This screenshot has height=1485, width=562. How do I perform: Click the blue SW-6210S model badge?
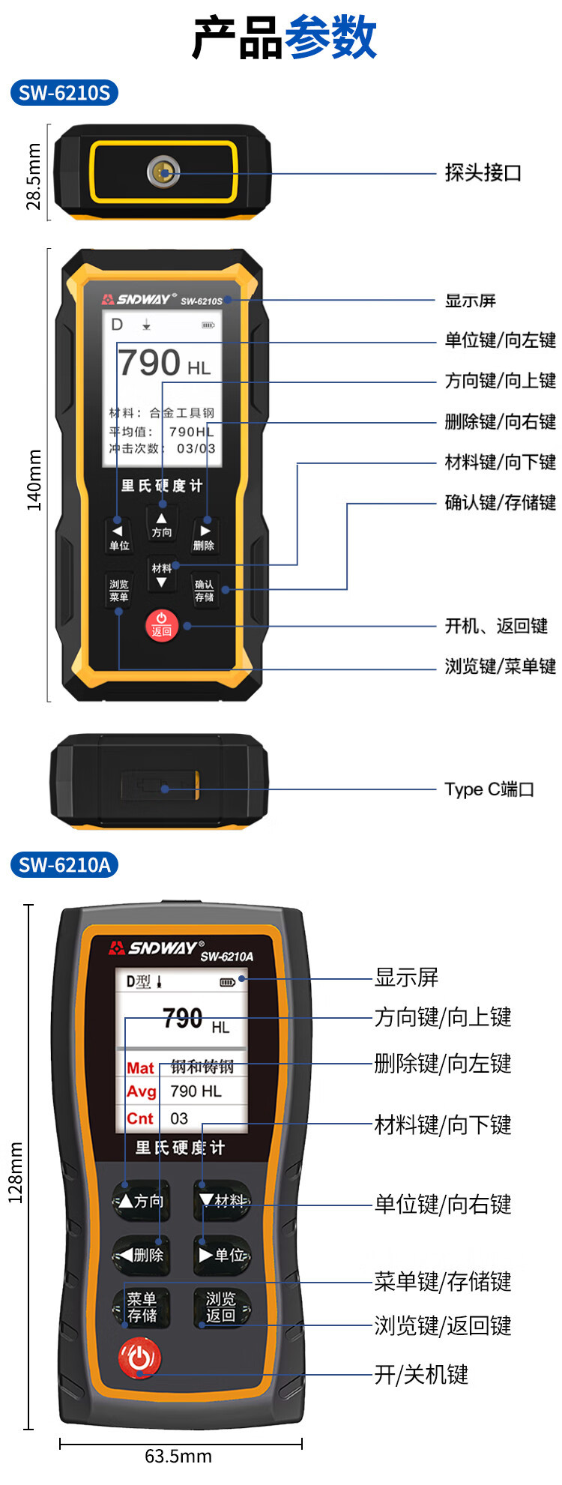64,93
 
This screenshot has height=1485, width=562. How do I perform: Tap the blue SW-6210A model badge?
64,865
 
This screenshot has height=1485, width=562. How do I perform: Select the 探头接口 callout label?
483,173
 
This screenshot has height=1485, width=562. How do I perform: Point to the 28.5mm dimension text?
34,176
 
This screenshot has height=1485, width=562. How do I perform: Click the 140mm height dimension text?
34,480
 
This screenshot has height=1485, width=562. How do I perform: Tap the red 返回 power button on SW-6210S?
161,624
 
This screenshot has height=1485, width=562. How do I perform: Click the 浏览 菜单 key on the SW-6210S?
119,591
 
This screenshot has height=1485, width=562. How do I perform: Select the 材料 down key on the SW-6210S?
161,574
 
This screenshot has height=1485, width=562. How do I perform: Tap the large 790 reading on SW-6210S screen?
150,363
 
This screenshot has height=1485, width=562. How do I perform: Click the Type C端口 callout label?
489,789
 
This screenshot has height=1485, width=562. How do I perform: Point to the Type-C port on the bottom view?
161,787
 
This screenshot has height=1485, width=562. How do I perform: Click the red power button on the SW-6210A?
139,1357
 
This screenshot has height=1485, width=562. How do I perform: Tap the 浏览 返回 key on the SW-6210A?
220,1307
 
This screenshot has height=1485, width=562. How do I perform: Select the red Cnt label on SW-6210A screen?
140,1118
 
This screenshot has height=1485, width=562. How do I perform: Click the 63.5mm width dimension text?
178,1456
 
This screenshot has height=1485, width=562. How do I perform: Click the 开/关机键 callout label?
421,1374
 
